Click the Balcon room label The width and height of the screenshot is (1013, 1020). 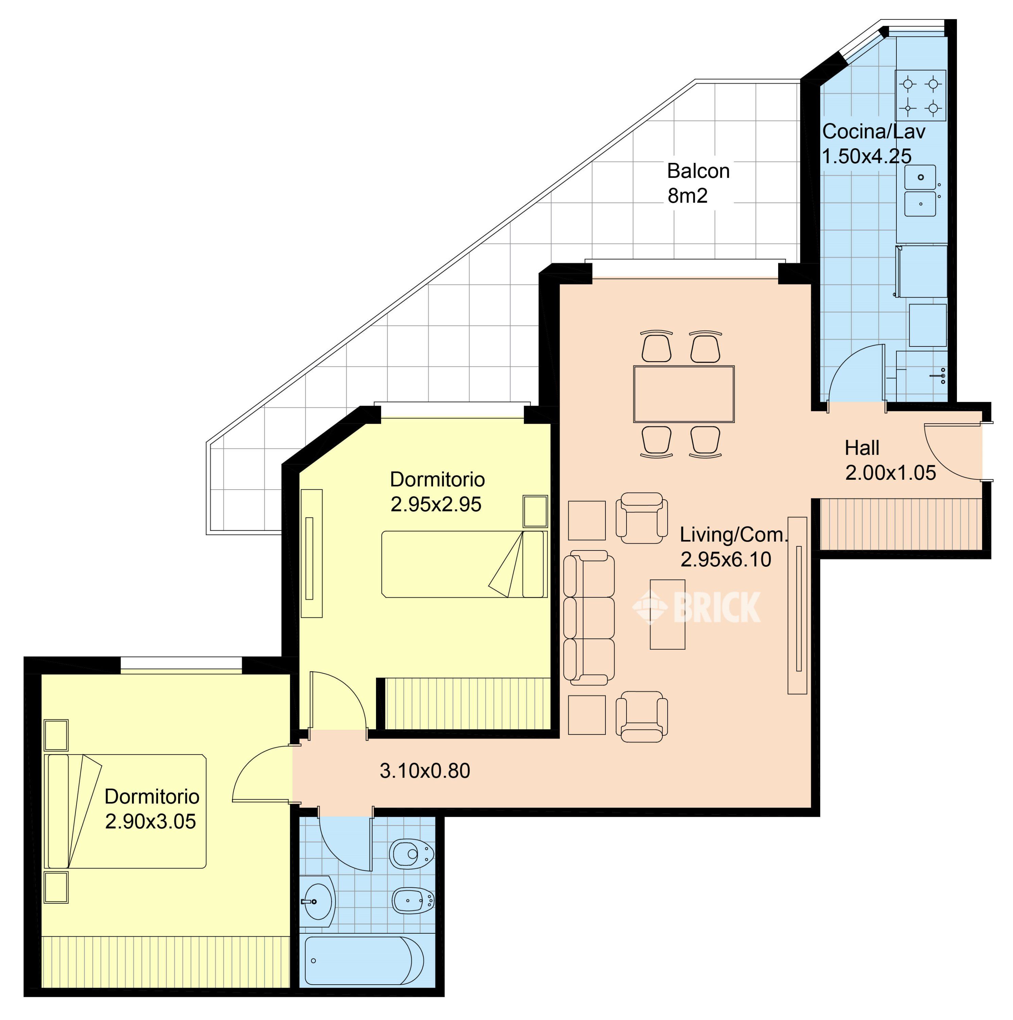[698, 171]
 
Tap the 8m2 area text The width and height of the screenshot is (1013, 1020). [687, 196]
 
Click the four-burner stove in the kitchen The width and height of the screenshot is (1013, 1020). [920, 96]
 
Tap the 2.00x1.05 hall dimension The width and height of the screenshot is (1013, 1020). [891, 473]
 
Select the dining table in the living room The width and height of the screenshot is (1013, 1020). [684, 394]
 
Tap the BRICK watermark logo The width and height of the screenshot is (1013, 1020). [697, 607]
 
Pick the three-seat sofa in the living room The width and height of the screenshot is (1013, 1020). [588, 618]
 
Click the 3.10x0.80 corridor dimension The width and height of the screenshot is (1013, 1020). [425, 771]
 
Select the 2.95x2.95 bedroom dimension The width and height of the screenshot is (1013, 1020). [436, 504]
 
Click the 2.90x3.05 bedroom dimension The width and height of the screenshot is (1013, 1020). [151, 821]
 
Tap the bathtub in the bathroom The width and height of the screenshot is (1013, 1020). [364, 961]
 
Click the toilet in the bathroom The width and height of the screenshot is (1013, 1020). [412, 854]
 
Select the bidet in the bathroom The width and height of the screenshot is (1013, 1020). [413, 900]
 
